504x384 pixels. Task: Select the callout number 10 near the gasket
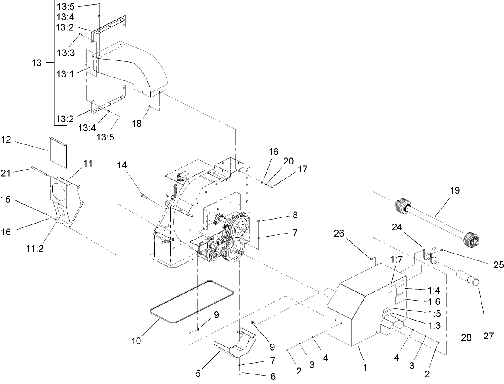point(136,341)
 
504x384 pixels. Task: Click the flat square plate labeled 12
point(57,151)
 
